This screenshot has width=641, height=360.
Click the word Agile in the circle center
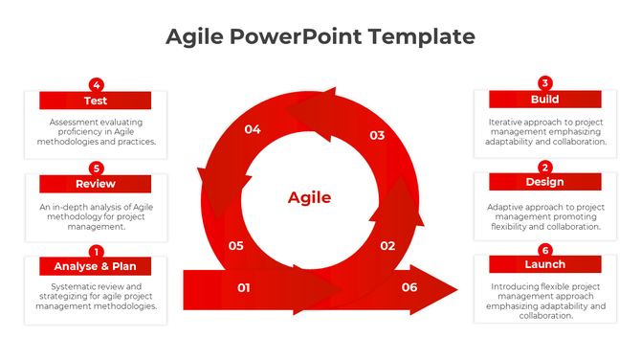(309, 198)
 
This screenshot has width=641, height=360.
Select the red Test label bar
(95, 101)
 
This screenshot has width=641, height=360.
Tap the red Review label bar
(95, 184)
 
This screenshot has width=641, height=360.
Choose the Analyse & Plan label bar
(95, 266)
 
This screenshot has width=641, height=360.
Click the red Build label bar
(544, 100)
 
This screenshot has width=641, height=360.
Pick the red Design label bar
(544, 182)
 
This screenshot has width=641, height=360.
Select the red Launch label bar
(544, 264)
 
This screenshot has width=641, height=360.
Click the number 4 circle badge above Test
(96, 84)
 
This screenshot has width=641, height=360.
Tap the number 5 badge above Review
(96, 168)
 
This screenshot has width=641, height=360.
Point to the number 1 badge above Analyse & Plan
(96, 251)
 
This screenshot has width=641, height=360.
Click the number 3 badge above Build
(545, 83)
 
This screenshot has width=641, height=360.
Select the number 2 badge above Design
(545, 167)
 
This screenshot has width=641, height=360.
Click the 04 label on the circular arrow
(253, 129)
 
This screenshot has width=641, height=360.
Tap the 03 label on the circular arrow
(377, 136)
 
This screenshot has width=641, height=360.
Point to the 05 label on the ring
(236, 246)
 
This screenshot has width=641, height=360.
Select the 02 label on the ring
(387, 246)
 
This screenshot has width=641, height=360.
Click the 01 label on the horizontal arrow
(244, 287)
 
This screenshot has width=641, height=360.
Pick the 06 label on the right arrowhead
(409, 287)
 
